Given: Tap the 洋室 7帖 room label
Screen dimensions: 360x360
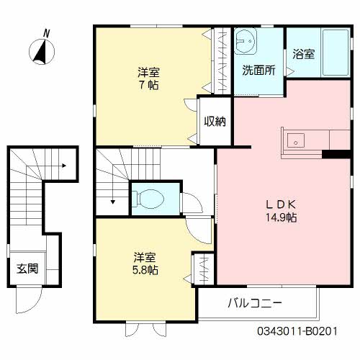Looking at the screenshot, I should (x=149, y=78).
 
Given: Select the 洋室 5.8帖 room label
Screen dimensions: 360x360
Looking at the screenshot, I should (x=145, y=264).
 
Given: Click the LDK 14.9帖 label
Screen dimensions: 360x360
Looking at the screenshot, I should (x=280, y=209).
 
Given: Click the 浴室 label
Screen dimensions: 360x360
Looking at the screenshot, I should (x=303, y=54).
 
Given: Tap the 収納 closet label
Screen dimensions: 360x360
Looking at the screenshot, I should (x=214, y=122).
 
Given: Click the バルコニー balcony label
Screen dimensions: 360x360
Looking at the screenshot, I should (x=256, y=303).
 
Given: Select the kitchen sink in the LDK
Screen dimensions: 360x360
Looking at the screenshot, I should (x=295, y=140).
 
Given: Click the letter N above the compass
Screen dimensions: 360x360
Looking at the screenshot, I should (x=46, y=32).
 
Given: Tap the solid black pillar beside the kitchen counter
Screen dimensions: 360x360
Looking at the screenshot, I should (x=334, y=153).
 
